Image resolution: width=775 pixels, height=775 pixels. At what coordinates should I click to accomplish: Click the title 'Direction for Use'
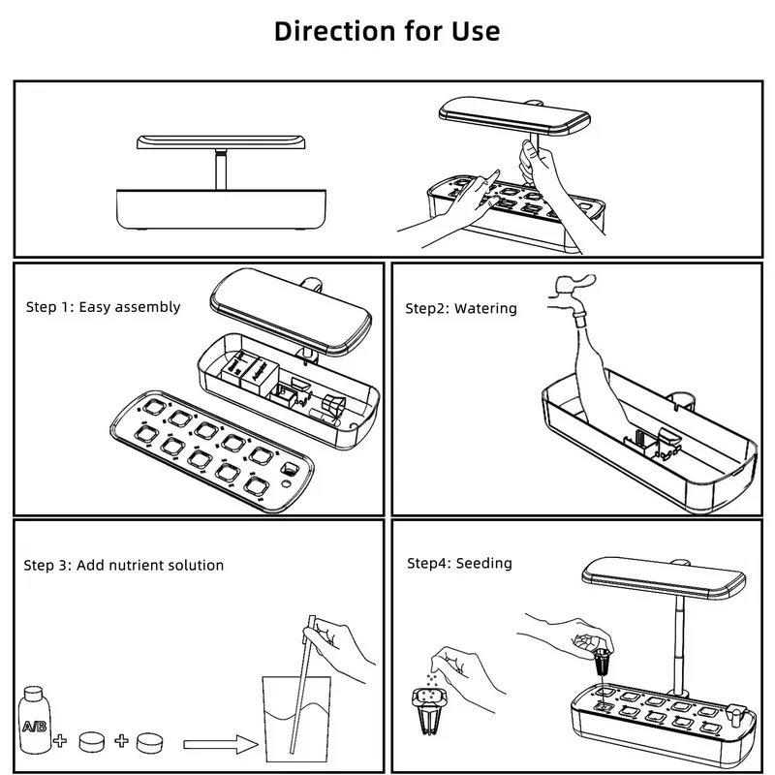[387, 30]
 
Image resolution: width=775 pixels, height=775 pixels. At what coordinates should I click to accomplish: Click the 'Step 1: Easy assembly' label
[103, 307]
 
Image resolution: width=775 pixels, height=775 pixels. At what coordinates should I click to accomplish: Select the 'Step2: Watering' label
[460, 309]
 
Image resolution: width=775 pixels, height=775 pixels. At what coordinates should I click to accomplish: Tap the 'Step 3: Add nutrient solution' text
[125, 565]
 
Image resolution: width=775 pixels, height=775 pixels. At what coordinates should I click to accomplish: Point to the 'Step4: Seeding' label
[459, 563]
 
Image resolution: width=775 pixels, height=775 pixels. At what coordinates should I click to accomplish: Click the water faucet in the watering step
[572, 291]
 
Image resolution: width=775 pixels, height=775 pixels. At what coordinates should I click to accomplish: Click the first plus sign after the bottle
[61, 743]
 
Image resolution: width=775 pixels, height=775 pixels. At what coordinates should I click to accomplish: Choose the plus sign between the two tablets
[122, 743]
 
